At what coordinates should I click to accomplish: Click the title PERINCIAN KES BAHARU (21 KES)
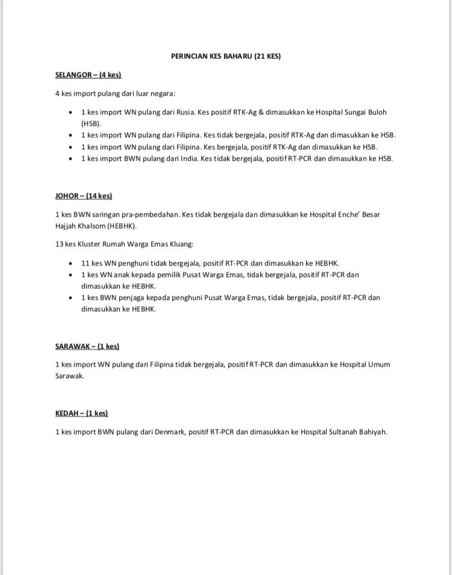[x=225, y=57]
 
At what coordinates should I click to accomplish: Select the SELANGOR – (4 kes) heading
[x=88, y=75]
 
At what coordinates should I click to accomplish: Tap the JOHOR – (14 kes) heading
[x=83, y=196]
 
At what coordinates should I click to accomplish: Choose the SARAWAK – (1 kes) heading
[x=87, y=347]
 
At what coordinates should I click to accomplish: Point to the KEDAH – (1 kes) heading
[x=81, y=414]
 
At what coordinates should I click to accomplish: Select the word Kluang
[x=180, y=244]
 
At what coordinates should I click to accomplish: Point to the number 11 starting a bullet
[x=85, y=264]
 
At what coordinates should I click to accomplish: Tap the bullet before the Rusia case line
[x=71, y=113]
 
